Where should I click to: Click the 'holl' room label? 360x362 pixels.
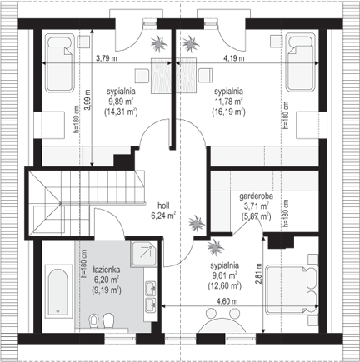click(164, 206)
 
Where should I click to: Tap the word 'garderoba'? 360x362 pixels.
click(256, 196)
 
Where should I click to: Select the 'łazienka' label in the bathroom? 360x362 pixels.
click(107, 270)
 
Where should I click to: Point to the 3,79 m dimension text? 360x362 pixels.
click(107, 58)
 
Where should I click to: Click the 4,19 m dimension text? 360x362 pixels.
click(234, 58)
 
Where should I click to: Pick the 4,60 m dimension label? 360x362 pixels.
click(227, 301)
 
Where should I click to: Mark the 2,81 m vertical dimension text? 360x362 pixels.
click(258, 274)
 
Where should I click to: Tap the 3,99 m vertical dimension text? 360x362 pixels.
click(87, 100)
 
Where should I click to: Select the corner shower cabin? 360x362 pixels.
click(143, 254)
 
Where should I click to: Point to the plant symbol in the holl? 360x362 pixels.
click(197, 223)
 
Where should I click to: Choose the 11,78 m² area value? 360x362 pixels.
click(228, 102)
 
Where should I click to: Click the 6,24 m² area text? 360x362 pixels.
click(163, 216)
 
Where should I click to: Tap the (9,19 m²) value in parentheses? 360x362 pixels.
click(107, 290)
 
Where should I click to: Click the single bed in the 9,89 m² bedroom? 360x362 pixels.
click(59, 63)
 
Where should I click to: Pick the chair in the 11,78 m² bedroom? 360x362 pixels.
click(206, 76)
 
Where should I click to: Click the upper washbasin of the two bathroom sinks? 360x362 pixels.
click(151, 288)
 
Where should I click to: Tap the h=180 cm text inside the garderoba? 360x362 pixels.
click(286, 214)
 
